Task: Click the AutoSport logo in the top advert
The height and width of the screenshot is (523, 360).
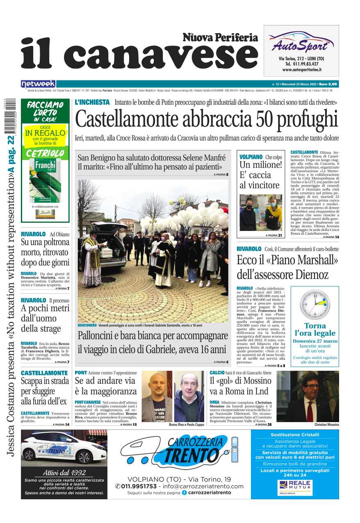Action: (303, 42)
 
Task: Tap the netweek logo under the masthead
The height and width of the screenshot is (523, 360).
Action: (38, 84)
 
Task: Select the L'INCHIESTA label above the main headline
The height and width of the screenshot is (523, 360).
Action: (92, 102)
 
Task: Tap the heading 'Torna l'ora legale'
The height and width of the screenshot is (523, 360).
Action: (315, 330)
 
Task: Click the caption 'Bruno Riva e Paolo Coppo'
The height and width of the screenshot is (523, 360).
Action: (186, 425)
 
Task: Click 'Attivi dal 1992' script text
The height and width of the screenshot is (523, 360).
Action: (64, 472)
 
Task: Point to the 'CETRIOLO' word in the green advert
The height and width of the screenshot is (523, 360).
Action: (45, 153)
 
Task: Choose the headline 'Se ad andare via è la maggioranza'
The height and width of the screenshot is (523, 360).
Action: (106, 386)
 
